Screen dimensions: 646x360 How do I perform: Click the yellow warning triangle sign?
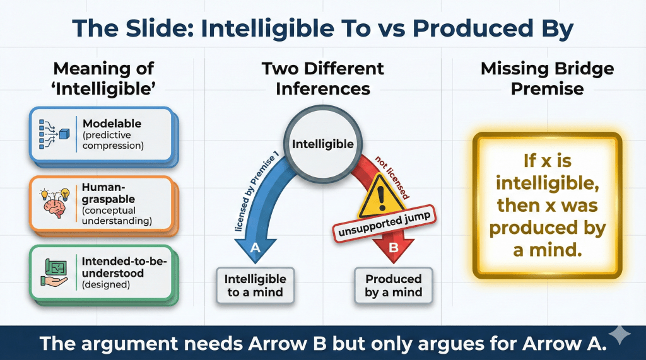(x=380, y=197)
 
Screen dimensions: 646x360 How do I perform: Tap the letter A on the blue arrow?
(x=255, y=248)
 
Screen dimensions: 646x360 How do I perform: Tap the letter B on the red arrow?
(x=394, y=248)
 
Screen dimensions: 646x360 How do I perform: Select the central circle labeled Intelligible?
(x=323, y=144)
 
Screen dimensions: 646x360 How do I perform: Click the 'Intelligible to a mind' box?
(x=255, y=286)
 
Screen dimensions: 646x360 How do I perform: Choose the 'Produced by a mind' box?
(x=394, y=286)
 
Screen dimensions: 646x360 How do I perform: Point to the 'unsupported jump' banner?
(x=384, y=224)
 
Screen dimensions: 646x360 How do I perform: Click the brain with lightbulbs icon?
(x=54, y=202)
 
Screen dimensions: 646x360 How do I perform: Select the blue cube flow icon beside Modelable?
(x=54, y=134)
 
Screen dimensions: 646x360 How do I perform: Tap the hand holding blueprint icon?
(x=54, y=272)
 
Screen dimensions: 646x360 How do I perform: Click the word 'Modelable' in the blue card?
(x=112, y=124)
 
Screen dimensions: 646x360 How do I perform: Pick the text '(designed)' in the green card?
(x=106, y=284)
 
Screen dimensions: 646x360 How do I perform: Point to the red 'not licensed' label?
(x=392, y=178)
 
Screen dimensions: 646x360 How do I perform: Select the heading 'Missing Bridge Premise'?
(x=547, y=78)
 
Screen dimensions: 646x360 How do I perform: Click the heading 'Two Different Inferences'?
(x=323, y=78)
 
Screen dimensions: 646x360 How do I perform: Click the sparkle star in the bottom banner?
(x=620, y=334)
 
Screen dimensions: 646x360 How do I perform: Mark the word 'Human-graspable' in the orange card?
(x=109, y=193)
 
